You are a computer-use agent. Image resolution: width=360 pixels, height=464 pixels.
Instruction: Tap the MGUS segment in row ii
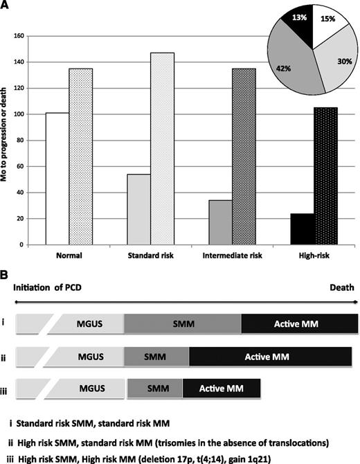[x=91, y=355]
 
